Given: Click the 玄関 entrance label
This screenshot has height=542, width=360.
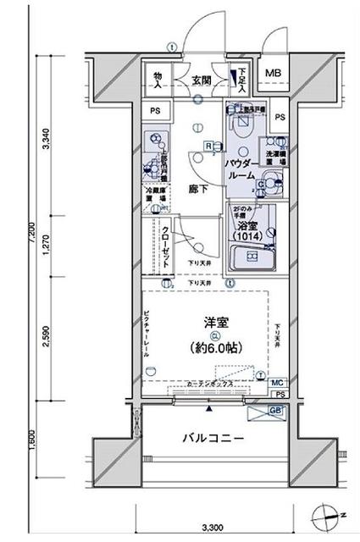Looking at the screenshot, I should point(201,80).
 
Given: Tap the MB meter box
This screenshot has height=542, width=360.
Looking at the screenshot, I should point(273,74).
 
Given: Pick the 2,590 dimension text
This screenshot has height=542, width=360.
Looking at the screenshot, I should point(47,338).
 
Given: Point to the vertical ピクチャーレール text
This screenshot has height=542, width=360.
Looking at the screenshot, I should point(147,331).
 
